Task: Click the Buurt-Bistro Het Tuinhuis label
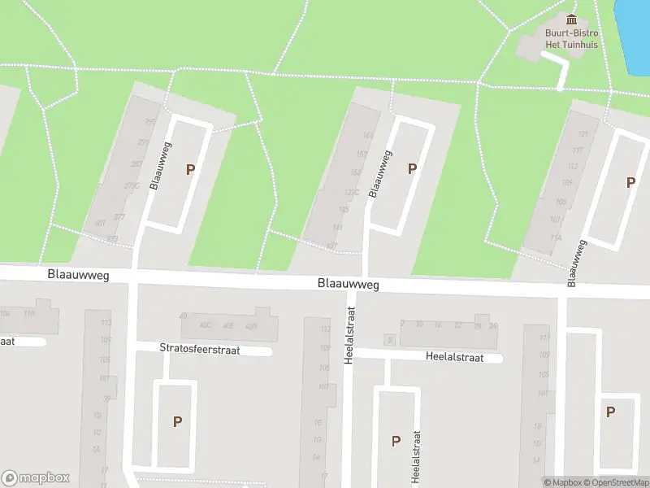pyautogui.click(x=571, y=39)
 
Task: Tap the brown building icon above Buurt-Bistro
pyautogui.click(x=571, y=20)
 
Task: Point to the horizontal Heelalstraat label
pyautogui.click(x=454, y=357)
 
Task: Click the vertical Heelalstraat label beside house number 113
pyautogui.click(x=350, y=335)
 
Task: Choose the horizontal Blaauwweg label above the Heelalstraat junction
pyautogui.click(x=349, y=285)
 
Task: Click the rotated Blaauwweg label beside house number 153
pyautogui.click(x=380, y=172)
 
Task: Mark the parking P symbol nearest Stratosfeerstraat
pyautogui.click(x=177, y=421)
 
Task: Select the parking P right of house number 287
pyautogui.click(x=191, y=170)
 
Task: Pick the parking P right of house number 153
pyautogui.click(x=413, y=168)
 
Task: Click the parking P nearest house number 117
pyautogui.click(x=630, y=183)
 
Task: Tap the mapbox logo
pyautogui.click(x=36, y=478)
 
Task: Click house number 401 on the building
pyautogui.click(x=100, y=223)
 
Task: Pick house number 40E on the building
pyautogui.click(x=228, y=326)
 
